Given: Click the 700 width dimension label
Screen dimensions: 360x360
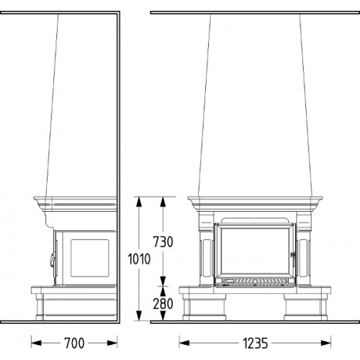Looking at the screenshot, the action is [74, 343].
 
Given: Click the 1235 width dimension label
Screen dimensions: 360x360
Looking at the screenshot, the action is [255, 343].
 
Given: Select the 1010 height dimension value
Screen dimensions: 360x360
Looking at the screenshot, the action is [139, 258].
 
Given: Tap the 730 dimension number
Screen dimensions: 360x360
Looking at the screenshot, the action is [163, 242].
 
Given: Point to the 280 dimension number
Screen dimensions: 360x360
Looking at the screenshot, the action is [163, 304].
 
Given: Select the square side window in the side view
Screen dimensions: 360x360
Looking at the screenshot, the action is [90, 258].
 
